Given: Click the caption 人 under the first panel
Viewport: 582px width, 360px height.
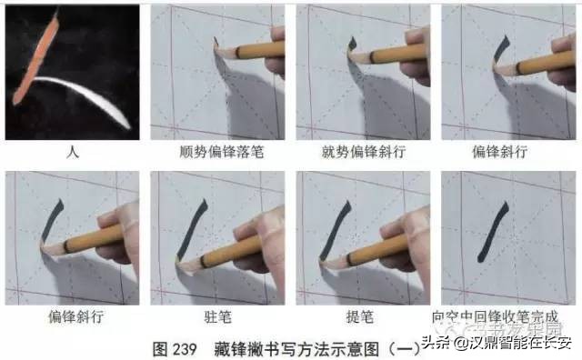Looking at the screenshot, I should click(73, 152).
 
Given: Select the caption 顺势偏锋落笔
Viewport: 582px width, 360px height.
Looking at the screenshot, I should click(218, 152).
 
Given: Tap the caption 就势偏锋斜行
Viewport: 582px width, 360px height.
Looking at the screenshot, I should click(364, 152).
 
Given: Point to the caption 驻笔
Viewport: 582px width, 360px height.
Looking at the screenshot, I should click(218, 317).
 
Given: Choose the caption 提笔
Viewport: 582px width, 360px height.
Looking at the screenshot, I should click(364, 317).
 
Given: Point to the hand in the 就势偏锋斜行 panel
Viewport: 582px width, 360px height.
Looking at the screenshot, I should click(414, 50).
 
